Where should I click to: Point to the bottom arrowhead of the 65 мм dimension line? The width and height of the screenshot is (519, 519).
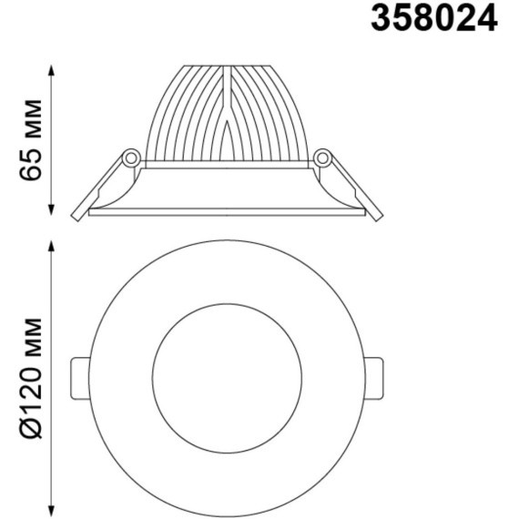52,213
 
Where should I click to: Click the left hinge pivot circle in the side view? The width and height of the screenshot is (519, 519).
131,159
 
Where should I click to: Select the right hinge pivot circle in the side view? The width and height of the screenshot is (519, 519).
322,159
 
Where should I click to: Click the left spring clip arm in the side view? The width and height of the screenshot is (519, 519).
99,187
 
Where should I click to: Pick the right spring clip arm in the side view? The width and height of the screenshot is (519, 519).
355,187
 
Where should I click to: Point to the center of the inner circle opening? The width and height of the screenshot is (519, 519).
227,376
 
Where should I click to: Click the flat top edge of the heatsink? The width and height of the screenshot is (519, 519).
227,66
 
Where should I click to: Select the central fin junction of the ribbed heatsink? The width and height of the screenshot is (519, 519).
225,118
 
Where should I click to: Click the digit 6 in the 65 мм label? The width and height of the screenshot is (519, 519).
34,171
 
